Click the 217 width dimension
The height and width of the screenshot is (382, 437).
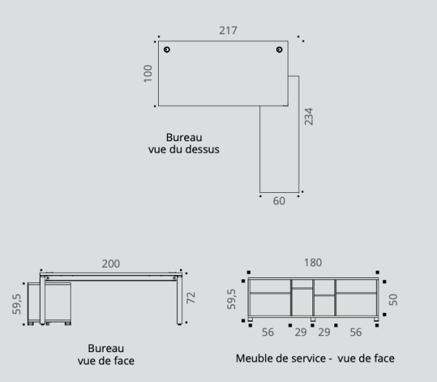click(228, 31)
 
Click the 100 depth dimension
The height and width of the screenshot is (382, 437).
click(148, 73)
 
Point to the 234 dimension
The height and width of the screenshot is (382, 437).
click(308, 116)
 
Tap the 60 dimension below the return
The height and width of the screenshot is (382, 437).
click(279, 201)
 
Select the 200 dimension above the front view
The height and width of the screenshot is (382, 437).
click(111, 263)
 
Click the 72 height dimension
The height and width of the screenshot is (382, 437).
click(192, 298)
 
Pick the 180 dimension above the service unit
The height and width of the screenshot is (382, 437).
click(313, 263)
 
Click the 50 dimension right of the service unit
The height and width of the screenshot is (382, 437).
click(393, 300)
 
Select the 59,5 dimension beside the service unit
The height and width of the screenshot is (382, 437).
click(232, 299)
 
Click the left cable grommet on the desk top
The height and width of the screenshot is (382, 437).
click(168, 49)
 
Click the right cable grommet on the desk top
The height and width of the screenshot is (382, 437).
click(280, 49)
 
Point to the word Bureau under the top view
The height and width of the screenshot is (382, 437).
click(184, 137)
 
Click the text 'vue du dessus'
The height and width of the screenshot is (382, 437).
click(184, 149)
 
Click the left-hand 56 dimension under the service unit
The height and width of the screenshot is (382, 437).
click(268, 332)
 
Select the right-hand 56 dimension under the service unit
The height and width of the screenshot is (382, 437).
click(356, 332)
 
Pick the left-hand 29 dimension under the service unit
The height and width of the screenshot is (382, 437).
click(302, 332)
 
